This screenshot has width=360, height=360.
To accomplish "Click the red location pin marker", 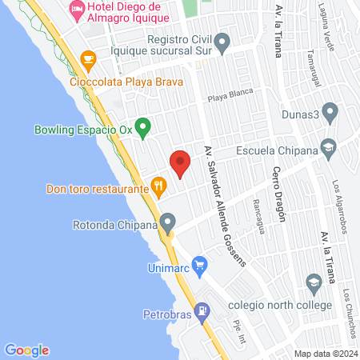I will point(180,162).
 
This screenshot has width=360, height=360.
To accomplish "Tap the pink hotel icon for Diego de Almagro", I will point(78,10).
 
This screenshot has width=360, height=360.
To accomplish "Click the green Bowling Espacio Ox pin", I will point(142,126).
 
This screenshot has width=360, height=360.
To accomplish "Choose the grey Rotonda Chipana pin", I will point(167,222).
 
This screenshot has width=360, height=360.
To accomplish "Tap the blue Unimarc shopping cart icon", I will point(199,263).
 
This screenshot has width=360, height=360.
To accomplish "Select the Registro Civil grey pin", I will point(223,41).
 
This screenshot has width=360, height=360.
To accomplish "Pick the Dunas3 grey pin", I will point(329,113).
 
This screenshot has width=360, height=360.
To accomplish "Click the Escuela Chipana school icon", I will point(328,147).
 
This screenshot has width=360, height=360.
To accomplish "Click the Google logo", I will point(27,350).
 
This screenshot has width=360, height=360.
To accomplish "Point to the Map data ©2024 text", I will point(325,353).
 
